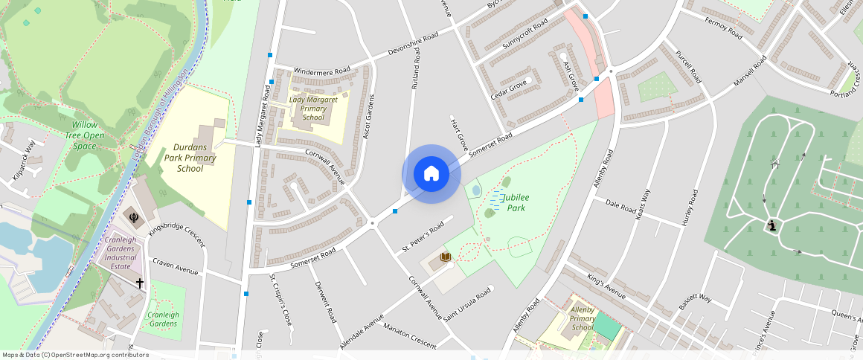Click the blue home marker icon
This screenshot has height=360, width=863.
click(431, 174)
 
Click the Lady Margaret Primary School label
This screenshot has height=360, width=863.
click(313, 108)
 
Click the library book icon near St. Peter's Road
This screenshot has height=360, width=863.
click(446, 257)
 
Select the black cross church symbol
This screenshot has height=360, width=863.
click(139, 283)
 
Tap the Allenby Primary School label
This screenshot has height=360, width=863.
click(583, 318)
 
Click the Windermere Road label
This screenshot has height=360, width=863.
click(322, 71)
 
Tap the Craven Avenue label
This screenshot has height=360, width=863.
click(176, 266)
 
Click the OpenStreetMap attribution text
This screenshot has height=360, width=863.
click(76, 355)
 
